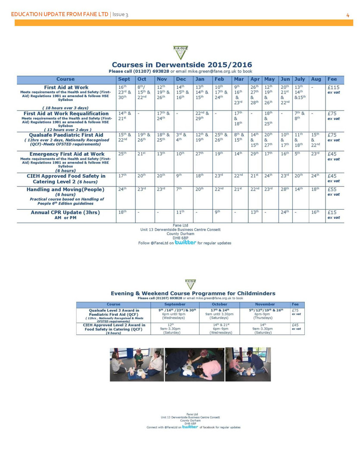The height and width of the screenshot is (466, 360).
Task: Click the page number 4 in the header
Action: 347,15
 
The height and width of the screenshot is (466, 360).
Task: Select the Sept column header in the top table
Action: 124,79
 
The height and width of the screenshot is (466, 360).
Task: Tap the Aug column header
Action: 316,79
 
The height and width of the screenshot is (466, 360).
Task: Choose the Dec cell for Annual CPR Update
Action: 180,212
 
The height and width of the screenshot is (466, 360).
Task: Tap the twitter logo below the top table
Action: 185,242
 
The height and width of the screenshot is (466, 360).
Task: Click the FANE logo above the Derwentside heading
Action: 180,52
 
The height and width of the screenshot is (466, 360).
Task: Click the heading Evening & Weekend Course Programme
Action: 193,293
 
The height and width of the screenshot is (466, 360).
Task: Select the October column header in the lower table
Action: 220,304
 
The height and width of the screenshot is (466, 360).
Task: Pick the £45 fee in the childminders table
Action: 295,325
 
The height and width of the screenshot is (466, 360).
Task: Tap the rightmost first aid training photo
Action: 248,364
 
